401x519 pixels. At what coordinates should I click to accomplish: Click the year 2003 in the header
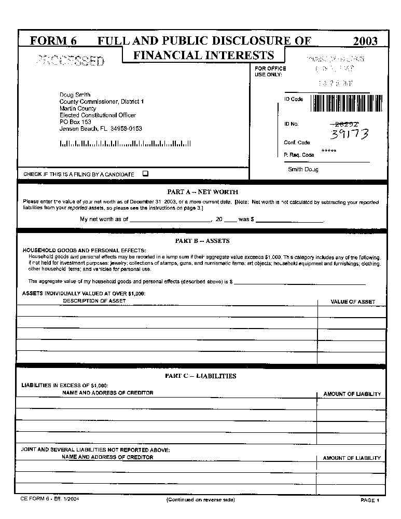click(365, 41)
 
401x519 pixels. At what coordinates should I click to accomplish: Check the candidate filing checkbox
click(145, 174)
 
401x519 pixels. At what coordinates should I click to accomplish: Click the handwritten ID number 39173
click(350, 134)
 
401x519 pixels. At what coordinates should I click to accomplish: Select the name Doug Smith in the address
click(75, 95)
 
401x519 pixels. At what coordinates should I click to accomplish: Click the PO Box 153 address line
click(75, 122)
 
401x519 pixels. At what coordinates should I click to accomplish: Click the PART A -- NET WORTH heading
click(202, 192)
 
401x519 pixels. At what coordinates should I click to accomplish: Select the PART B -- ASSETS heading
click(202, 241)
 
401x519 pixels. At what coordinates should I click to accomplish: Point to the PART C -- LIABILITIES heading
click(200, 376)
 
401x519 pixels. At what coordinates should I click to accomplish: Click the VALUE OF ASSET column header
click(353, 302)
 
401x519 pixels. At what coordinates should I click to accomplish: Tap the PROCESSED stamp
click(71, 61)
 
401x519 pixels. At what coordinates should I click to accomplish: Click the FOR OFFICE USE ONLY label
click(270, 72)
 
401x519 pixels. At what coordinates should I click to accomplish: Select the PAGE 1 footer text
click(370, 500)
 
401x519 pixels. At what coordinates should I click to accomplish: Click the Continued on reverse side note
click(200, 500)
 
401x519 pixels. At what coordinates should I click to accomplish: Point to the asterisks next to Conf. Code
click(329, 151)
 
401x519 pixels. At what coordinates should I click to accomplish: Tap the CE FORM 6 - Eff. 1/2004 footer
click(50, 498)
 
